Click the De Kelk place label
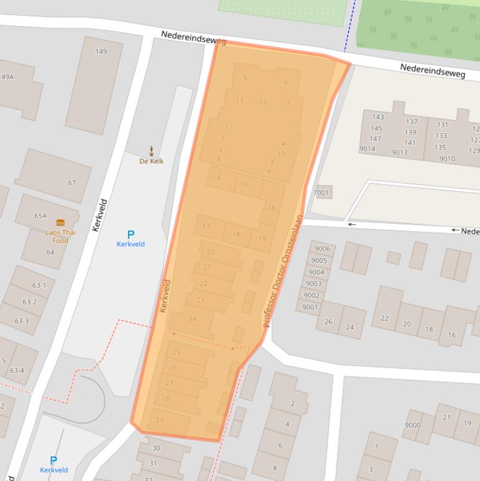[x=151, y=161]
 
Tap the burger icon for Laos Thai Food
[x=61, y=222]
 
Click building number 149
[x=101, y=52]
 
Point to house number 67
[x=72, y=182]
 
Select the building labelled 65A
[x=41, y=216]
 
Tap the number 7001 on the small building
[x=321, y=192]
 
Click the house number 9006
[x=321, y=249]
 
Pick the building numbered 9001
[x=310, y=307]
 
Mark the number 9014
[x=367, y=149]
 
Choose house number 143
[x=378, y=117]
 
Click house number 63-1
[x=39, y=285]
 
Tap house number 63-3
[x=22, y=320]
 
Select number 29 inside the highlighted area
[x=160, y=420]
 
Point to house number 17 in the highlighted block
[x=206, y=226]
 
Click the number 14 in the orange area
[x=217, y=177]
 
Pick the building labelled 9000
[x=413, y=425]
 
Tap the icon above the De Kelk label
[x=152, y=151]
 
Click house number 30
[x=156, y=448]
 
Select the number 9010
[x=447, y=159]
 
